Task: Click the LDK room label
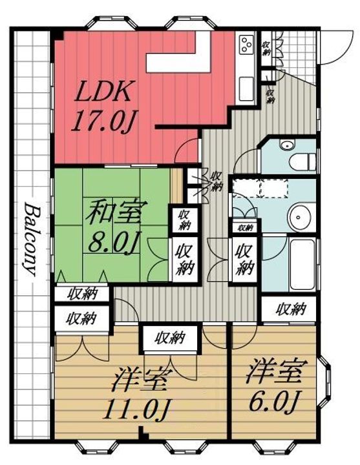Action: pyautogui.click(x=103, y=91)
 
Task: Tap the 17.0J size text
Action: pyautogui.click(x=103, y=121)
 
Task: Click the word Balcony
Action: pyautogui.click(x=32, y=239)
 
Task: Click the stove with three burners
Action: pyautogui.click(x=247, y=44)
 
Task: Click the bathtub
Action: pyautogui.click(x=302, y=265)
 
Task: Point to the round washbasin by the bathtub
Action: pyautogui.click(x=299, y=217)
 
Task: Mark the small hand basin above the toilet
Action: pyautogui.click(x=287, y=145)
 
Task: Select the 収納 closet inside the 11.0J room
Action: pyautogui.click(x=171, y=338)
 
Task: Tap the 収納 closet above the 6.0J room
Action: pyautogui.click(x=289, y=309)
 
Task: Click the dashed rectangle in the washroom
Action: pyautogui.click(x=260, y=187)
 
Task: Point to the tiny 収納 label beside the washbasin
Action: pyautogui.click(x=245, y=228)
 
